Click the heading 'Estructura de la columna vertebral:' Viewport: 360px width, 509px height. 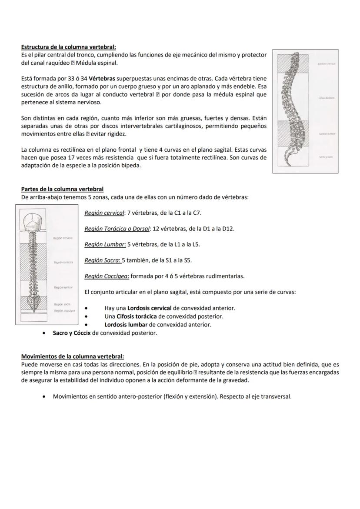(x=69, y=47)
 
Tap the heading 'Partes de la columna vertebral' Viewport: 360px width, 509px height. (x=62, y=189)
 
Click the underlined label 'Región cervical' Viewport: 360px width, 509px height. (x=104, y=213)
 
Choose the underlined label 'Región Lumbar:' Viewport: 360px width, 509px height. (x=105, y=244)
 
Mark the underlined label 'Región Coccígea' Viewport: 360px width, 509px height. (x=107, y=276)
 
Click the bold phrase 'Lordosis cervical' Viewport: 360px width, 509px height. (x=150, y=308)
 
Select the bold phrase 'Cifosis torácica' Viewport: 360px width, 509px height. (x=137, y=316)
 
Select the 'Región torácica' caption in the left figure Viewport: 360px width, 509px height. (x=63, y=263)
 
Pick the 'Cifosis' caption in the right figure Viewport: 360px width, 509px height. (x=326, y=98)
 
